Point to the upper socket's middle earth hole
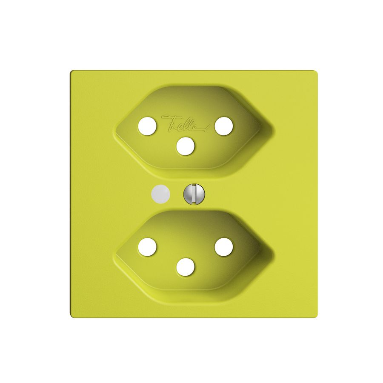point(186,146)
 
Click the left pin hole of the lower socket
point(147,247)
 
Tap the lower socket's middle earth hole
point(186,266)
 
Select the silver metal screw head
point(192,194)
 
